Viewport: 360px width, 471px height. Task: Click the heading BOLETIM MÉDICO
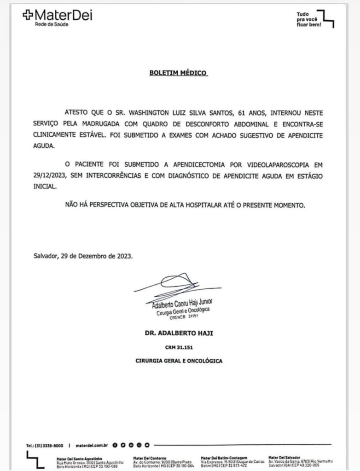coord(178,73)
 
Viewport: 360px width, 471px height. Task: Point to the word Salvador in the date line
coord(46,256)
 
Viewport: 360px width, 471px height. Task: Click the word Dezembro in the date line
coord(91,256)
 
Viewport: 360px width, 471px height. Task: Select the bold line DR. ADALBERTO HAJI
coord(178,333)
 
